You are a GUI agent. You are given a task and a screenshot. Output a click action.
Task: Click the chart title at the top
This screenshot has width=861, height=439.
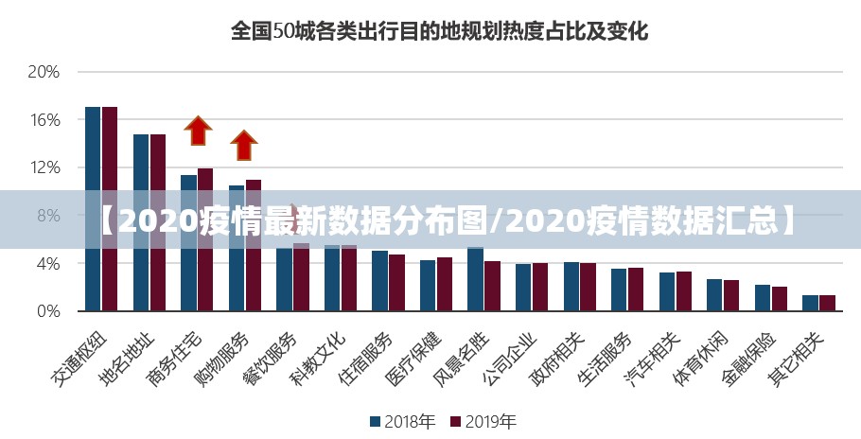[440, 31]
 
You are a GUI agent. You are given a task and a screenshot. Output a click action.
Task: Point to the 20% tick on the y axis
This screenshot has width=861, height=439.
[44, 72]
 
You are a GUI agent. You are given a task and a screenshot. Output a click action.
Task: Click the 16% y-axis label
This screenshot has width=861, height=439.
[44, 120]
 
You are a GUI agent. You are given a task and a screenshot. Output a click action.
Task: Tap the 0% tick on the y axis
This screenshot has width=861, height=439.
[47, 310]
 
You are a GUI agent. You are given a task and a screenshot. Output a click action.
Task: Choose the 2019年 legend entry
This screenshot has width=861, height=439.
[483, 421]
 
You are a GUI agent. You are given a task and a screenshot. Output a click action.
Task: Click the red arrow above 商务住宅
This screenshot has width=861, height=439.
[198, 131]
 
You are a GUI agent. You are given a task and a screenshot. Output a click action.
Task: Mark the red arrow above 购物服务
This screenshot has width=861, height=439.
[244, 145]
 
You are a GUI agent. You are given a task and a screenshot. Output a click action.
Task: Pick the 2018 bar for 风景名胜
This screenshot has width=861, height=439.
[475, 279]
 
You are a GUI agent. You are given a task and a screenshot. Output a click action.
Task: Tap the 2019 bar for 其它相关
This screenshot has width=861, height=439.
[827, 303]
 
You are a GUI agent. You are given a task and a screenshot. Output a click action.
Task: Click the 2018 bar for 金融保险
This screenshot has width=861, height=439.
[762, 297]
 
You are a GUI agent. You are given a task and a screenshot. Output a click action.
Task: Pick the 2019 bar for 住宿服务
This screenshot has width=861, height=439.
[396, 282]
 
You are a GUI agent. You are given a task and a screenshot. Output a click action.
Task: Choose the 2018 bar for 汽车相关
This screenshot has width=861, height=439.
[666, 291]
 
